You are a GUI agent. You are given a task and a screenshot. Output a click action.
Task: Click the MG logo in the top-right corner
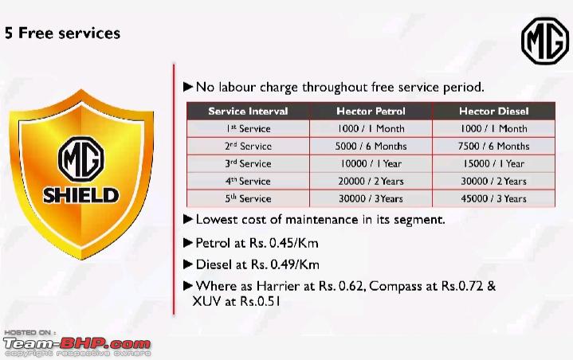[x=545, y=41]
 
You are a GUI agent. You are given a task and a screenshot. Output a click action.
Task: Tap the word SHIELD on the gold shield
[x=80, y=195]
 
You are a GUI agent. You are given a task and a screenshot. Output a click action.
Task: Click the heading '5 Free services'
[x=62, y=33]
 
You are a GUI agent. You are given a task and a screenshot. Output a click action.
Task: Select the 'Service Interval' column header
[x=248, y=111]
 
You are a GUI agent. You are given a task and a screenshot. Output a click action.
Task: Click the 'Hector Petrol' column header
[x=371, y=111]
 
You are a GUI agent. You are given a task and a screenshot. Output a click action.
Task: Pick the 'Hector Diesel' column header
[x=493, y=111]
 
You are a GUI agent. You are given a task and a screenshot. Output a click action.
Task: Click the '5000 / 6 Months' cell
[x=371, y=146]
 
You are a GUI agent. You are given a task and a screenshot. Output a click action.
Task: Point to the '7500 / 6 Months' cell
[x=493, y=146]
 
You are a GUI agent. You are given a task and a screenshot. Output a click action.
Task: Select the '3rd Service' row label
[x=248, y=163]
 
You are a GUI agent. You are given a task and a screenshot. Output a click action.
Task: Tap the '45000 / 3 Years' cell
[x=493, y=198]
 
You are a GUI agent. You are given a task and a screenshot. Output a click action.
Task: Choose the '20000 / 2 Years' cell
[x=371, y=181]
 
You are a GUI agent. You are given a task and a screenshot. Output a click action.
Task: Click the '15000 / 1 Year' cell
[x=493, y=163]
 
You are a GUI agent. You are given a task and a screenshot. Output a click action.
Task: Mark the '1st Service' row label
[x=248, y=128]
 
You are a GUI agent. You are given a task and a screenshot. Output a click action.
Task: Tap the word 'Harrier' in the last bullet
[x=278, y=286]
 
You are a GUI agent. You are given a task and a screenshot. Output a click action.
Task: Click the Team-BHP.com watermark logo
[x=77, y=343]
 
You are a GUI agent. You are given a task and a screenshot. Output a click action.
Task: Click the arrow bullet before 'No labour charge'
[x=188, y=87]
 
